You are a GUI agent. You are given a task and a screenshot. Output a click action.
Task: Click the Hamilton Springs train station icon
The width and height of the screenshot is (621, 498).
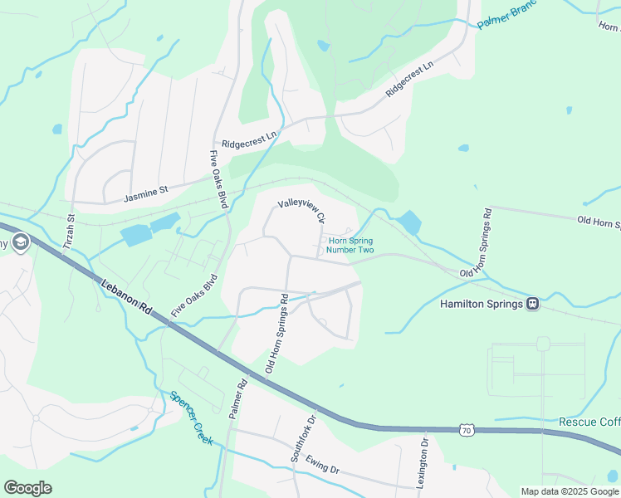point(532,304)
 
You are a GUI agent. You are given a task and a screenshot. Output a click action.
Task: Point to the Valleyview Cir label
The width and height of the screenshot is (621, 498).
point(301,210)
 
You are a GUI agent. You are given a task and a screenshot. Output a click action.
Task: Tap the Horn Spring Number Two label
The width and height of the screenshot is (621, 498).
point(350,245)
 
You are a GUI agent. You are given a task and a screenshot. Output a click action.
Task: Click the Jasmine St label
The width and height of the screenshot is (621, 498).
point(145,194)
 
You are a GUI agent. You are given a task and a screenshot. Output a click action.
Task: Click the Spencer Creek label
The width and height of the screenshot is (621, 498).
point(191,418)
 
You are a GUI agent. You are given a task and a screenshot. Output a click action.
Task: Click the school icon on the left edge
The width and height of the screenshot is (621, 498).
point(21,242)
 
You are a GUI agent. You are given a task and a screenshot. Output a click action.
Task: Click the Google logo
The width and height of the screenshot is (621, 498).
point(27,487)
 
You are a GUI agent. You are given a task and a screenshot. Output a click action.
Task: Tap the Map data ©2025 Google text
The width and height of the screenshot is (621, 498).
point(570,491)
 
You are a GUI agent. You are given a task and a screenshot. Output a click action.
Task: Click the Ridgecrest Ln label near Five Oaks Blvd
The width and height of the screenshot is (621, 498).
point(249,136)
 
